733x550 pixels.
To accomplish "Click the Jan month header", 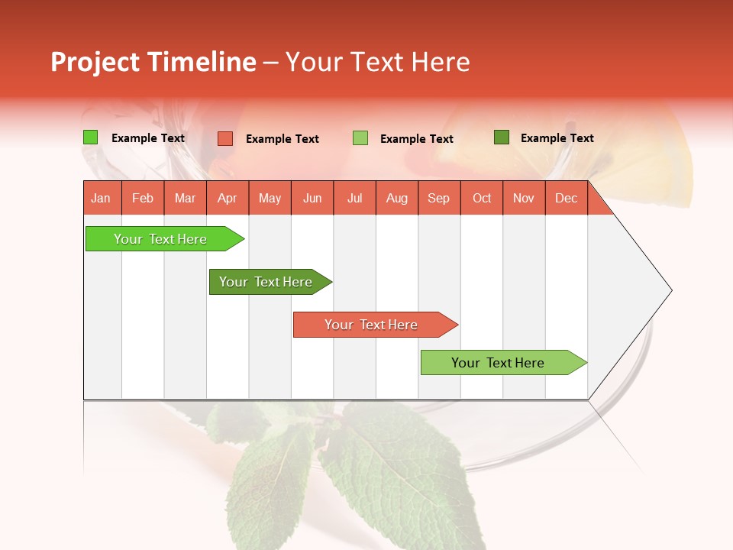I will point(101,198).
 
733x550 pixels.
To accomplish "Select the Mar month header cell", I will point(185,198).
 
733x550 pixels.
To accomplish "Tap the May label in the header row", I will point(270,198).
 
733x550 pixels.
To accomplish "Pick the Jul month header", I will point(354,198).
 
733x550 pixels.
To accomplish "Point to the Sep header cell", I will point(438,198).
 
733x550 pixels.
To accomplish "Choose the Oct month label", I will point(482,198).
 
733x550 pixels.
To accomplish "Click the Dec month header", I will point(566,198).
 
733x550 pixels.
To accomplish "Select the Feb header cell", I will point(143,198).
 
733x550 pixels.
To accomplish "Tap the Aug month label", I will point(396,198).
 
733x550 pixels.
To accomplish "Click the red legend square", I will point(225,138).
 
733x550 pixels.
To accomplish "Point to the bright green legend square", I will point(91,137).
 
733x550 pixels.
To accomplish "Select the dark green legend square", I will point(502,137).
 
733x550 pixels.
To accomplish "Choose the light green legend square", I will point(360,138).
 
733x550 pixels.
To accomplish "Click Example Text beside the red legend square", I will point(283,139).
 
